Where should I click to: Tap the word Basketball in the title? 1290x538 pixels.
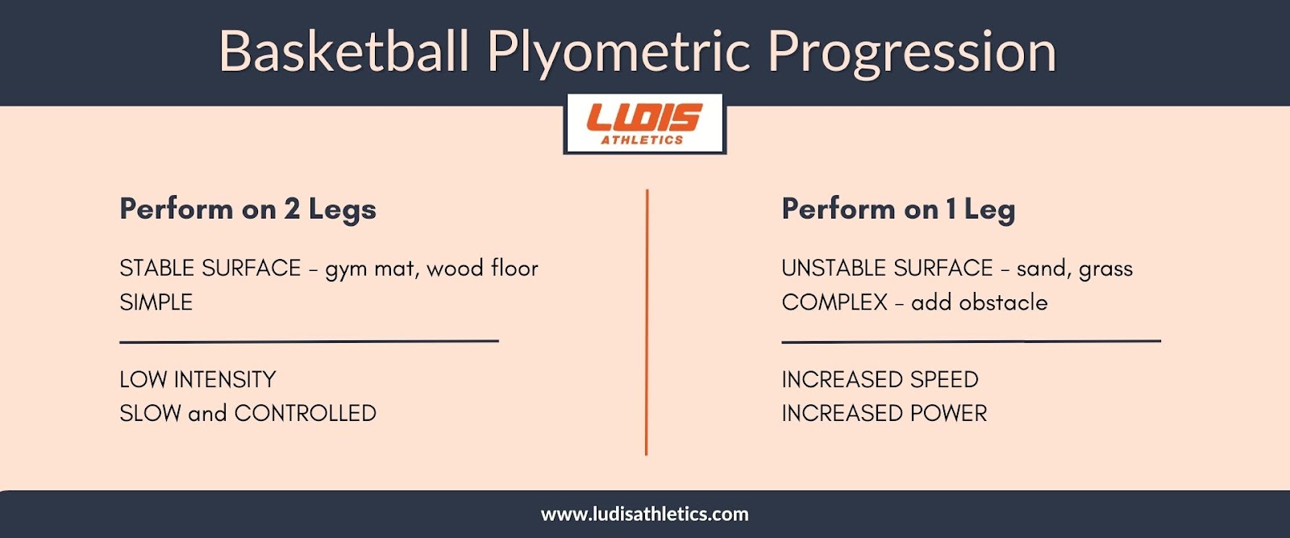coord(344,51)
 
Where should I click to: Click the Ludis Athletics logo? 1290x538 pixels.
coord(644,124)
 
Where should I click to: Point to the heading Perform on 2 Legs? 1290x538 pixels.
coord(248,210)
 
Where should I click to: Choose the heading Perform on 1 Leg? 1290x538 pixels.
coord(898,210)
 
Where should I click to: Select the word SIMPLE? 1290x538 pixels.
coord(156,302)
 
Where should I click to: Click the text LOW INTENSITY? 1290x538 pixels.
coord(198,380)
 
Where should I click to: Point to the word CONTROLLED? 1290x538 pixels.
coord(306,414)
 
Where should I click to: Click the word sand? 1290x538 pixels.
coord(1041,269)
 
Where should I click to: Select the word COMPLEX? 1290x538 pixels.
coord(834,302)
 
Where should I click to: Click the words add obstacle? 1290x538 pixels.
coord(980,302)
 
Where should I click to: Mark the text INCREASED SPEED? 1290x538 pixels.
coord(880,380)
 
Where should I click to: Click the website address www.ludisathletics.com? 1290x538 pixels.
coord(644,514)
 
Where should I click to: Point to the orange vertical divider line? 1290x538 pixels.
coord(647,322)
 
